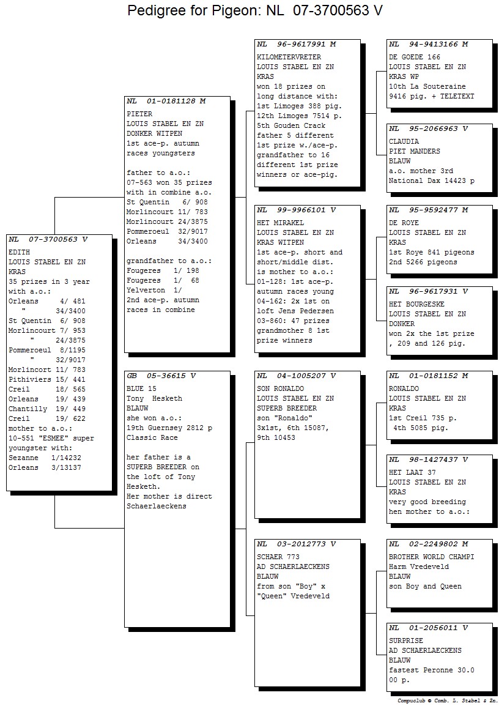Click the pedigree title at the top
254,10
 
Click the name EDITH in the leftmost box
19,253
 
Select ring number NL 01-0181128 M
166,101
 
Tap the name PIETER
139,114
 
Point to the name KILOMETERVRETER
289,57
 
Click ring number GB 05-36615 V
161,376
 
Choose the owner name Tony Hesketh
155,399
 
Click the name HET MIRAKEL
280,223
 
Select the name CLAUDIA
404,142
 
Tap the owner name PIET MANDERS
415,151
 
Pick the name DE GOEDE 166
415,57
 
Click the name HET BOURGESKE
416,305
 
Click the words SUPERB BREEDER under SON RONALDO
287,408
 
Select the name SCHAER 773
278,557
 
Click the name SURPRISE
406,641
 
